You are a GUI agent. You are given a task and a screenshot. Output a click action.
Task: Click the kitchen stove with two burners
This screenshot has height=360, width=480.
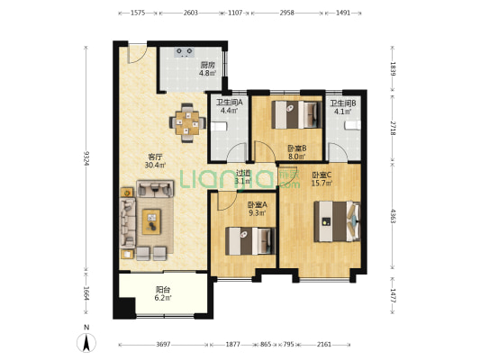click(184, 52)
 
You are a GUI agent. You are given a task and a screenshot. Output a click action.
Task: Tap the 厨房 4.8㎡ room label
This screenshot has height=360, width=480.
click(207, 68)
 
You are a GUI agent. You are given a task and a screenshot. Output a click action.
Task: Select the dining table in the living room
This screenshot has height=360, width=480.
click(187, 122)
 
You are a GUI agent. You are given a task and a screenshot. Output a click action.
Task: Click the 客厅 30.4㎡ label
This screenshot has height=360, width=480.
click(155, 161)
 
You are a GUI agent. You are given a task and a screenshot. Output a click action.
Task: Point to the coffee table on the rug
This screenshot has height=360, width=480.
click(151, 221)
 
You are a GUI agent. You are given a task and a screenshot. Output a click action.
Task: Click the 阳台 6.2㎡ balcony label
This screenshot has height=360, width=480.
click(163, 293)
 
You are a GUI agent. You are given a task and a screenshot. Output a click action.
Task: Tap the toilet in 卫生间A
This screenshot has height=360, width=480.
click(219, 126)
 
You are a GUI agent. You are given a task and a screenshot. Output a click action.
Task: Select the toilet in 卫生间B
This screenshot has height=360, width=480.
click(352, 125)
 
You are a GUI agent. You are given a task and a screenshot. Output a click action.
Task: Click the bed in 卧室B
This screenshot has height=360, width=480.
click(296, 114)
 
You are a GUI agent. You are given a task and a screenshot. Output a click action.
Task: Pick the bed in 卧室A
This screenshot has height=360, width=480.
click(250, 241)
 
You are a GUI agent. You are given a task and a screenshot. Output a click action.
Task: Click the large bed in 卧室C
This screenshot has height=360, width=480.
click(337, 221)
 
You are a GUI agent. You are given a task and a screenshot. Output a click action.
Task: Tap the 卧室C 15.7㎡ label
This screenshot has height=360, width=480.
click(322, 179)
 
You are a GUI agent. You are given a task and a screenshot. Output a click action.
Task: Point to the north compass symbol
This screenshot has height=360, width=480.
click(86, 340)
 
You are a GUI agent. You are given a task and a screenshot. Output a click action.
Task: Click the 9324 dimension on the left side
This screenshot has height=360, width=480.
click(86, 158)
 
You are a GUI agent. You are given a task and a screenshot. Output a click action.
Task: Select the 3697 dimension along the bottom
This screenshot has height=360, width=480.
click(163, 345)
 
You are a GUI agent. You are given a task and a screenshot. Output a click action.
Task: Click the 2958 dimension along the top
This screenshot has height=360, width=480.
click(287, 13)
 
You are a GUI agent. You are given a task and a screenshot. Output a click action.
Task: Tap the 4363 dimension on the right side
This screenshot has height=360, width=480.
click(393, 216)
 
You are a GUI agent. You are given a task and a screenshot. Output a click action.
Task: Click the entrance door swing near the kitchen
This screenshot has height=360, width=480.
click(137, 54)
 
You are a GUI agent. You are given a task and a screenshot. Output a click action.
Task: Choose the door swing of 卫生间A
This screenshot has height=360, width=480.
click(237, 152)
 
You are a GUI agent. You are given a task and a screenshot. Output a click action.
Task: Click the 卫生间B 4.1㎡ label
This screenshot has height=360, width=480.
click(342, 107)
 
